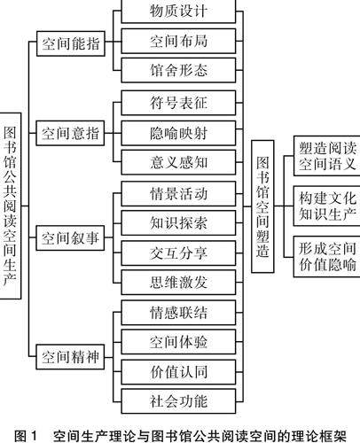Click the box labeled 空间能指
[x=71, y=43]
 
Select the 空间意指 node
[x=70, y=133]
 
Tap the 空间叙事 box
[x=70, y=238]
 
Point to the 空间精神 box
[x=70, y=357]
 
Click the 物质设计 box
[x=178, y=12]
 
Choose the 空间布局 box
[x=178, y=41]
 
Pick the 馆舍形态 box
[x=178, y=70]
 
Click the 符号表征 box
[x=178, y=103]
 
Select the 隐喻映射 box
[x=178, y=133]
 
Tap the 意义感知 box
[x=178, y=162]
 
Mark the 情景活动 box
[x=178, y=194]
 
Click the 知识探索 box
[x=178, y=223]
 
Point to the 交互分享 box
[x=178, y=253]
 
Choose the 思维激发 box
[x=178, y=283]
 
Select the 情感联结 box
[x=178, y=313]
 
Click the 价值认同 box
[x=178, y=372]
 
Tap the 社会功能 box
[x=178, y=401]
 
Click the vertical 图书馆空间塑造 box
[x=262, y=206]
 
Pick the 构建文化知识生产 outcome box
[x=326, y=206]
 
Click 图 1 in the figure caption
[x=26, y=436]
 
